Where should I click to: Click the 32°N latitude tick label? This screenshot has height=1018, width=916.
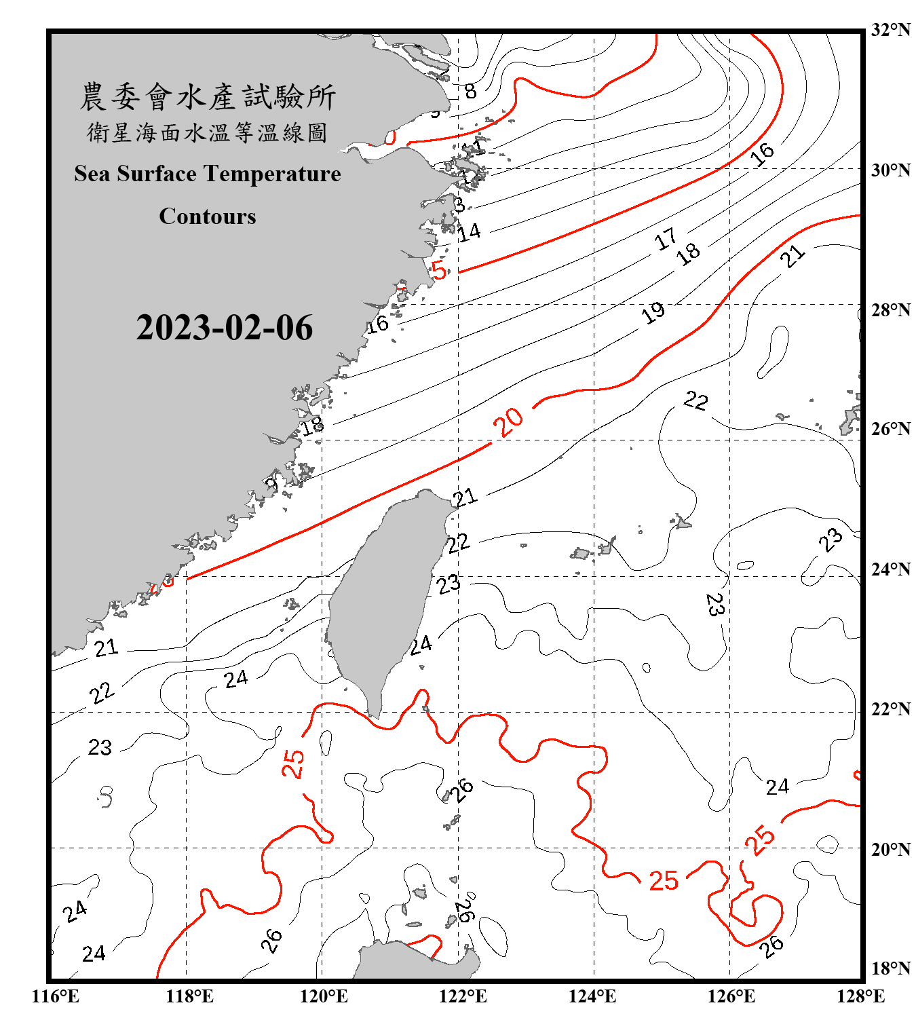(890, 30)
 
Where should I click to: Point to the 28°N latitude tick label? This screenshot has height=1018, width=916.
(890, 310)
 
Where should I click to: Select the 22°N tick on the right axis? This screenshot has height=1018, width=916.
(890, 710)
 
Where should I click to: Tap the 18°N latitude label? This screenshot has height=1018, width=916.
(890, 968)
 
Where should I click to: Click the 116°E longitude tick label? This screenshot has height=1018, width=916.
(56, 996)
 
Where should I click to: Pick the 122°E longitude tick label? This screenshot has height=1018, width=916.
(463, 996)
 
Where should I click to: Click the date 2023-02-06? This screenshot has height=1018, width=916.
(225, 328)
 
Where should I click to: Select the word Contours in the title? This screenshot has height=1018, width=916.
(208, 216)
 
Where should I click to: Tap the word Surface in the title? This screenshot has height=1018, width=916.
(157, 174)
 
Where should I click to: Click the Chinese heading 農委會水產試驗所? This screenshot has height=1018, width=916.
(208, 97)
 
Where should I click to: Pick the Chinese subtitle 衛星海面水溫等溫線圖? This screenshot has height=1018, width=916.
(208, 132)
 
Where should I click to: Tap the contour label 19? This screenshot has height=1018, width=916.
(653, 313)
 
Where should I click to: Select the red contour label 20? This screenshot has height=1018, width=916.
(508, 422)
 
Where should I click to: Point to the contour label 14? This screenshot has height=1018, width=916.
(469, 232)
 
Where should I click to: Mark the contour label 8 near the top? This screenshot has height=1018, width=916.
(470, 91)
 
